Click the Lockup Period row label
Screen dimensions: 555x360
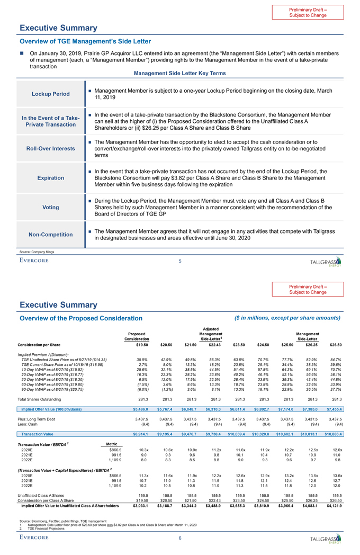tap(50, 94)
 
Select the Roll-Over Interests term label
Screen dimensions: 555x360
tap(50, 148)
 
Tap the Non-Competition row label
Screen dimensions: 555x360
tap(50, 235)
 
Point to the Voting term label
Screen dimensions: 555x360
tap(50, 207)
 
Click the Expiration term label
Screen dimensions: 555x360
tap(50, 178)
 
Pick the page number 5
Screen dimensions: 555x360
tap(180, 261)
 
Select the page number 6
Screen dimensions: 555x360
tap(180, 539)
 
